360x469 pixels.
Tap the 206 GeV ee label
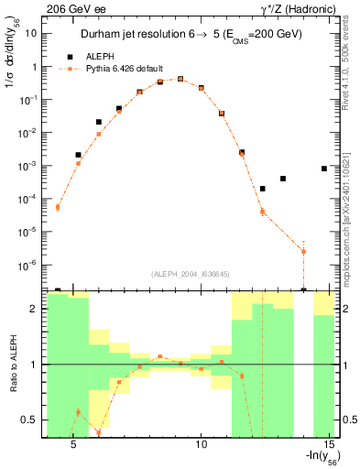31,8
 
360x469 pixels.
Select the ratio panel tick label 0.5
28,420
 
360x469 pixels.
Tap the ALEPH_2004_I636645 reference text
190,274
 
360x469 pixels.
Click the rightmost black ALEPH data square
324,169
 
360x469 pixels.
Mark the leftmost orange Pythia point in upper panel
57,207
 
